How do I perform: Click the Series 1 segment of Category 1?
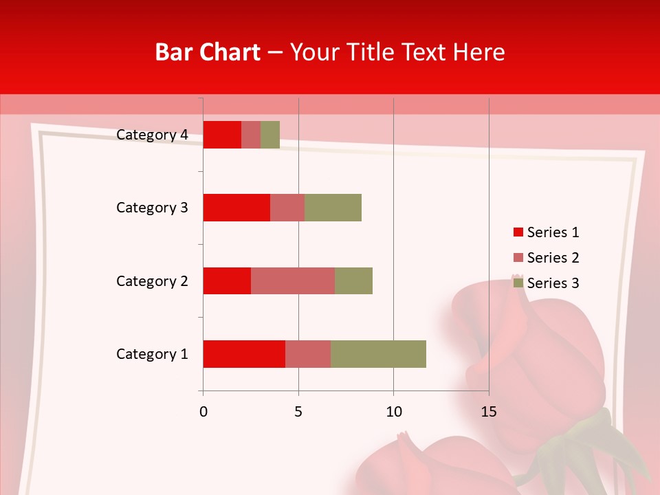[244, 354]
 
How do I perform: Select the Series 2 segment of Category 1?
[308, 354]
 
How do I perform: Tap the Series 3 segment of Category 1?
[378, 354]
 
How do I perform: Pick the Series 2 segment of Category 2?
[293, 280]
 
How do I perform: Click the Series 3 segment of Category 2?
[353, 280]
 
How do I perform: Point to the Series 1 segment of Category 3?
[236, 208]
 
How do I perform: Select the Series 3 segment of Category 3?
[333, 208]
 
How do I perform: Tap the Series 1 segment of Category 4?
[222, 135]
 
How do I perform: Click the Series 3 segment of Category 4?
[270, 135]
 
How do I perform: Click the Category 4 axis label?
[152, 135]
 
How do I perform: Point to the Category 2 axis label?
[152, 280]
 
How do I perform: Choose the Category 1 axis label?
[152, 354]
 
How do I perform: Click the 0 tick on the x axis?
[203, 412]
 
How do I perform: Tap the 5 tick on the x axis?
[298, 412]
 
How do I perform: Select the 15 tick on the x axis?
[488, 412]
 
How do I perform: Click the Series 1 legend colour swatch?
[518, 232]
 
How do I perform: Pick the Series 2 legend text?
[553, 258]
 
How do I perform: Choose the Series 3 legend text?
[553, 283]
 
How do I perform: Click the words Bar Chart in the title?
[208, 52]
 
